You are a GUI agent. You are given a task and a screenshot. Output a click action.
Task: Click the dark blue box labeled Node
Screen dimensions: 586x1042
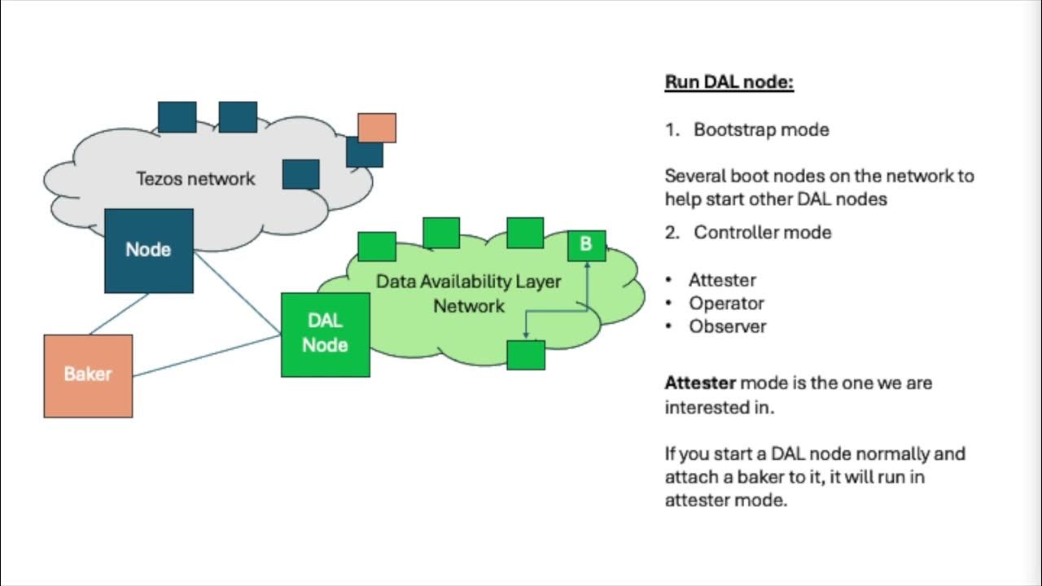click(x=149, y=250)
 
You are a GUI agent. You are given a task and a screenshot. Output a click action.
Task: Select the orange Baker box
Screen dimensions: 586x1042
click(x=88, y=375)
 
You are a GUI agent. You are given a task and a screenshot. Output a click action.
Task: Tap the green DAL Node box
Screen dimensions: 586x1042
click(x=326, y=335)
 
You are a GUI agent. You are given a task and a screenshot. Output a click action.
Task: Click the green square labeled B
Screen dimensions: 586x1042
click(x=586, y=244)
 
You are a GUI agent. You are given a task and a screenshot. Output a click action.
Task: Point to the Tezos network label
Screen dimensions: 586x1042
click(x=195, y=179)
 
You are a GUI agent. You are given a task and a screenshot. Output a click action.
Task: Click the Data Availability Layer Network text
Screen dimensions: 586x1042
click(x=468, y=293)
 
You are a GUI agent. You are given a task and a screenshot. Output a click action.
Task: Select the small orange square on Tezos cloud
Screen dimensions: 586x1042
click(x=377, y=128)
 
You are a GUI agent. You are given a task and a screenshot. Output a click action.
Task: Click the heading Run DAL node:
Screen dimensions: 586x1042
click(x=729, y=82)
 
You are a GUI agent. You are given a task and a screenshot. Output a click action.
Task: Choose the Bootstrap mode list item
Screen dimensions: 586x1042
click(x=761, y=129)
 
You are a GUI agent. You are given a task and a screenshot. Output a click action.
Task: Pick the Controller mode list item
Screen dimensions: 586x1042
click(x=762, y=232)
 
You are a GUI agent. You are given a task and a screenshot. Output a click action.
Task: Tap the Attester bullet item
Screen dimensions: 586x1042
click(x=722, y=280)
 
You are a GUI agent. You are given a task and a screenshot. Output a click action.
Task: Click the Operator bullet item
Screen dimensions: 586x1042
click(x=726, y=303)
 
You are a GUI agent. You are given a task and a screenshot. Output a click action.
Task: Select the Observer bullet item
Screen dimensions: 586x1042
click(x=727, y=326)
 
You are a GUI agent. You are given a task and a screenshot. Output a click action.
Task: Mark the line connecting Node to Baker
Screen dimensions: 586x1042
click(x=120, y=313)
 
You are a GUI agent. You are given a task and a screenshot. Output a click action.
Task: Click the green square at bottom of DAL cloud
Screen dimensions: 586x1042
click(x=525, y=354)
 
